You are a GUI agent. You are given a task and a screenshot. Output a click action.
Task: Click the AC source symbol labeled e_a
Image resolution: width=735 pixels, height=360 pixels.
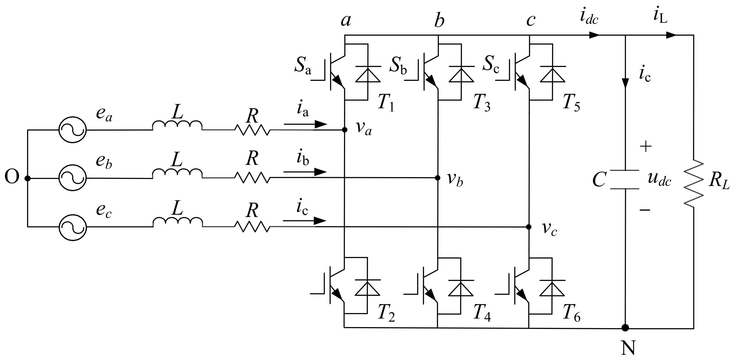click(73, 130)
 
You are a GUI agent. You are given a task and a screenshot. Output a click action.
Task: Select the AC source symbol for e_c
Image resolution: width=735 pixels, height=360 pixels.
click(73, 227)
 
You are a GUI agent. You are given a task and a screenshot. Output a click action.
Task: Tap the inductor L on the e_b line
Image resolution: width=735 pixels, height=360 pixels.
click(177, 173)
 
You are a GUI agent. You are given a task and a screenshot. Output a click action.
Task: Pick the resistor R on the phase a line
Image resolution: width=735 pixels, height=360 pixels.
click(252, 130)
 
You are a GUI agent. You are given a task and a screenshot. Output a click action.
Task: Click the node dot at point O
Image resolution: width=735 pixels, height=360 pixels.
click(28, 178)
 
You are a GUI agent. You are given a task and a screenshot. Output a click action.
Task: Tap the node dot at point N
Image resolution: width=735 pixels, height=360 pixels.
click(625, 328)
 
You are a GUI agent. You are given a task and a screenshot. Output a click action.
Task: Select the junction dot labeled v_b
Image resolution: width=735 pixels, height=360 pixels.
click(437, 178)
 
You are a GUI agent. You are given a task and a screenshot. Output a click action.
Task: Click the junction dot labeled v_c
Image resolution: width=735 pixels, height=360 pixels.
click(529, 227)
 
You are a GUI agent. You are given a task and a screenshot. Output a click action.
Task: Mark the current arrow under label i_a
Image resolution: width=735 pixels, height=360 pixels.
click(305, 124)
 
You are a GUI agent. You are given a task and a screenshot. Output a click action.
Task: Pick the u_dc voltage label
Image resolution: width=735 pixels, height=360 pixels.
click(659, 180)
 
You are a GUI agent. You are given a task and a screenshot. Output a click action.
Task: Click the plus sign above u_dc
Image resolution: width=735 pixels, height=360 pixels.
click(646, 147)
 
